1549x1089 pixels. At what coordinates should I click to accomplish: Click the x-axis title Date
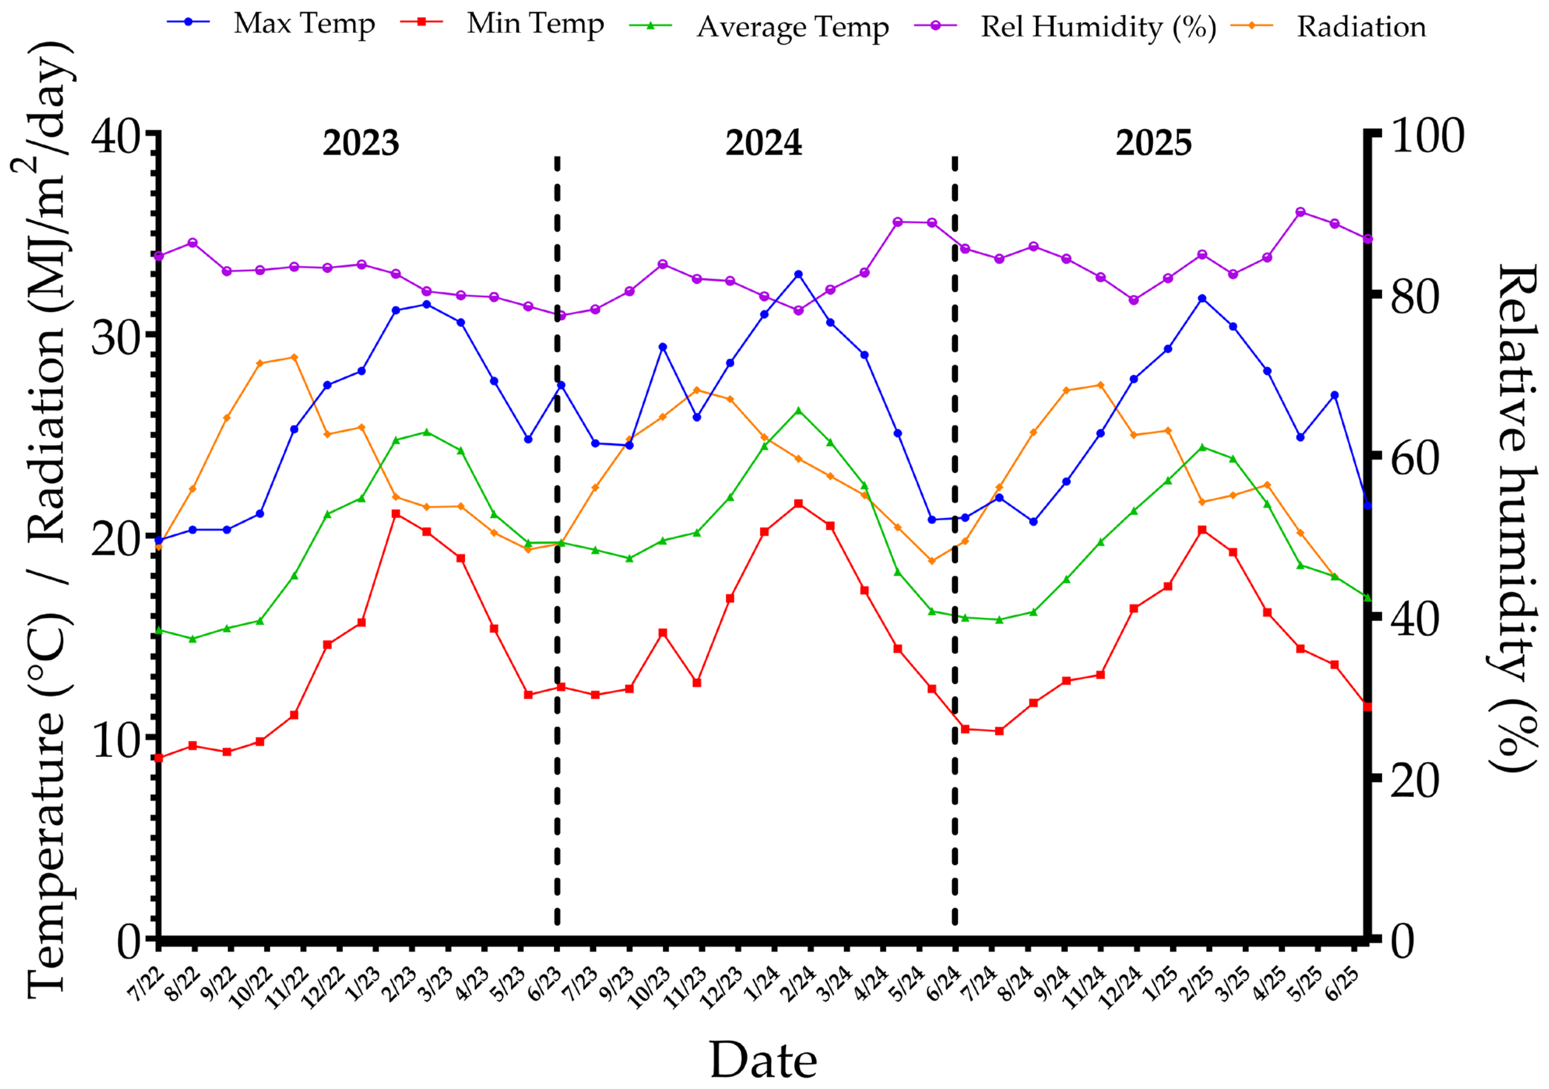(763, 1060)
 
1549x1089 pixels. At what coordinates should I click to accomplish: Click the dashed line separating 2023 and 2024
(557, 539)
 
